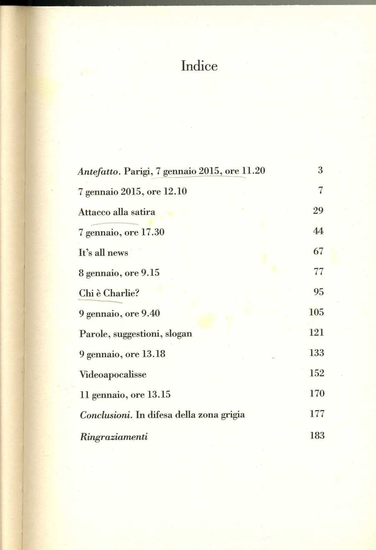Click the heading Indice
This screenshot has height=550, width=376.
[199, 66]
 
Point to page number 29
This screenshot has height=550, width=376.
[318, 211]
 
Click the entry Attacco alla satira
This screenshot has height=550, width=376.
[117, 212]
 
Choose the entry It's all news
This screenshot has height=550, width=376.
[103, 253]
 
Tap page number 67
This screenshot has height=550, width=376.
[318, 252]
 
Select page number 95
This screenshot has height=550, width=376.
[318, 292]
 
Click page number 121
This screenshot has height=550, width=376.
[317, 333]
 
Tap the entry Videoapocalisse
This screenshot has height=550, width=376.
[112, 374]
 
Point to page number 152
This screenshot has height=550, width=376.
[317, 373]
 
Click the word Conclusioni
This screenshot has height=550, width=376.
[100, 415]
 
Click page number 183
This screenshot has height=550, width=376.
[317, 435]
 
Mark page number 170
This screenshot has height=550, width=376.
[317, 394]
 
